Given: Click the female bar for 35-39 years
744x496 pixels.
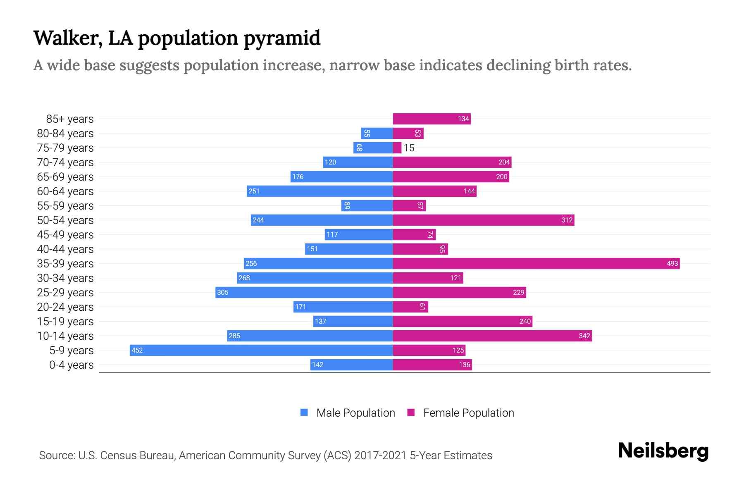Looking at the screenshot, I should click(536, 263).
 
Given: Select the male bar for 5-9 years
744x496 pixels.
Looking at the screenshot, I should click(261, 350).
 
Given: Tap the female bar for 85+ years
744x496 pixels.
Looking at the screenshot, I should click(432, 119).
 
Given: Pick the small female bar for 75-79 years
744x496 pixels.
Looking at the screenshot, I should click(397, 148).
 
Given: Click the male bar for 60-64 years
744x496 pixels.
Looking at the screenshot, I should click(320, 191).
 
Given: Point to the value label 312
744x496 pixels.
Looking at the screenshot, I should click(567, 220).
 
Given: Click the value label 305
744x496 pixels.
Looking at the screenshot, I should click(223, 292).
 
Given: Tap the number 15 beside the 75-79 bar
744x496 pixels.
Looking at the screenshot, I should click(409, 148).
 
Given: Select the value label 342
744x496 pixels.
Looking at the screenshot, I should click(584, 336).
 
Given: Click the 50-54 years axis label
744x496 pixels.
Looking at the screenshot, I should click(65, 220).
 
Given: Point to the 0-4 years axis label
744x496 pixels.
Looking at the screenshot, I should click(71, 365).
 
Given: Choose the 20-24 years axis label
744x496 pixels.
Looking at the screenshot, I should click(65, 307).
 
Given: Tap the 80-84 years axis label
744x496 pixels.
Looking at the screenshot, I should click(65, 133).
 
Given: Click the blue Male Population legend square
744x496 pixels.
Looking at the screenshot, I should click(304, 413).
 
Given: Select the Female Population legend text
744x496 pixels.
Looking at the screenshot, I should click(468, 413).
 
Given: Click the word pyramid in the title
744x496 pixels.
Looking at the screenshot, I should click(281, 38).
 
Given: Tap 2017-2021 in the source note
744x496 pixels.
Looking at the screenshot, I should click(380, 455).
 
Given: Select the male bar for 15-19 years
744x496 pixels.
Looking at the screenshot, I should click(353, 321).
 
